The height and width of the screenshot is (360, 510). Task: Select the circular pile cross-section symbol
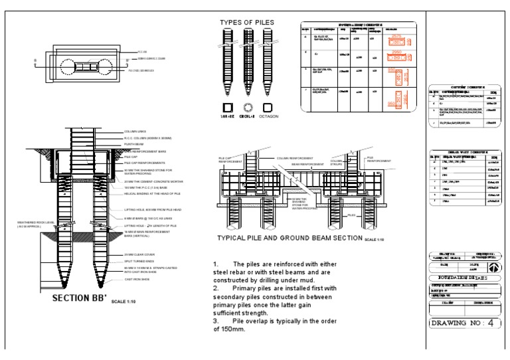(249, 106)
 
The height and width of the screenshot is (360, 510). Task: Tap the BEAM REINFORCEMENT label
(298, 163)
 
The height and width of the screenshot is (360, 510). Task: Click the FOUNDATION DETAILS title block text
(464, 278)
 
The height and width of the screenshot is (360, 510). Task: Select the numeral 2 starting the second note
(215, 288)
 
